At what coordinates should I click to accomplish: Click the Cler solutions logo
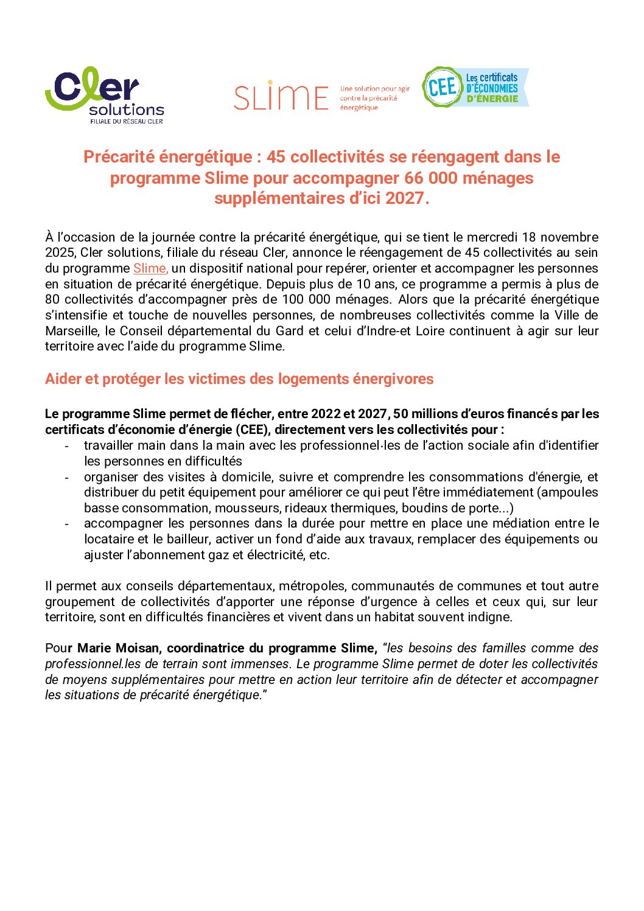click(x=104, y=95)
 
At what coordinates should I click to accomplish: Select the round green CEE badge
click(x=443, y=87)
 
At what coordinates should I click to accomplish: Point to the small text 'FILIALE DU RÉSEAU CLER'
click(x=127, y=121)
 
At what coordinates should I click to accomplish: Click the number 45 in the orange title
click(x=276, y=157)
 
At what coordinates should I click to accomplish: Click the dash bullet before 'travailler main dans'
click(x=67, y=446)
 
